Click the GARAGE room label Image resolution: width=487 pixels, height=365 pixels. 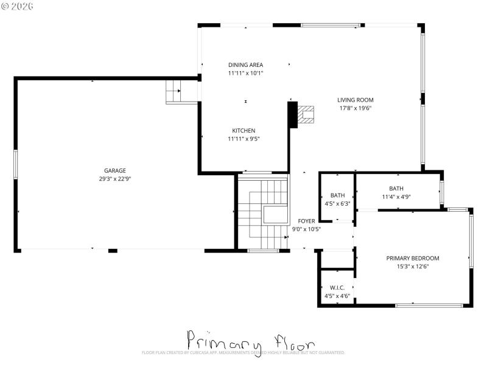[114, 170]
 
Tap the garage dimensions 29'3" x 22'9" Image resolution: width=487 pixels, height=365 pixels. [114, 179]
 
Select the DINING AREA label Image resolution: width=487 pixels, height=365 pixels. [245, 64]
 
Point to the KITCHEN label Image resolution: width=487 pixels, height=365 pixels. [243, 130]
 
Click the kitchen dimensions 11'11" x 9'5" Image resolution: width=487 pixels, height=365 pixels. [243, 139]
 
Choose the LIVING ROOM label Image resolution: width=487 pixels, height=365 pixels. [356, 100]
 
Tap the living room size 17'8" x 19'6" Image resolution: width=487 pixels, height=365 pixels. [356, 108]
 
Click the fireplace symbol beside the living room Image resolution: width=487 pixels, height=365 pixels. [306, 114]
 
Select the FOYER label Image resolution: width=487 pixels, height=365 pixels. [306, 221]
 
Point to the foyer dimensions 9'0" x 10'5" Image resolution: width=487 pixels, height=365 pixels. [306, 229]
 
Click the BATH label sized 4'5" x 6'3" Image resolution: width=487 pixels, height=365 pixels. [337, 195]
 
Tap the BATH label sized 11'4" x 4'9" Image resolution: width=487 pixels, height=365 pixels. [396, 188]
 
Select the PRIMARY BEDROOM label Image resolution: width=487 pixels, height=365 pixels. [413, 258]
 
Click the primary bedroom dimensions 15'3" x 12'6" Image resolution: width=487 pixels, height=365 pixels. [413, 266]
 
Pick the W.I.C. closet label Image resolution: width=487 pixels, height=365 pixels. [337, 287]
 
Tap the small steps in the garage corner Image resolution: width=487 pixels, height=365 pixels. [174, 92]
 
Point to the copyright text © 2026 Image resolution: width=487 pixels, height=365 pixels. [18, 6]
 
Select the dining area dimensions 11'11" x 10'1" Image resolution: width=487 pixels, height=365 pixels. [245, 73]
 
